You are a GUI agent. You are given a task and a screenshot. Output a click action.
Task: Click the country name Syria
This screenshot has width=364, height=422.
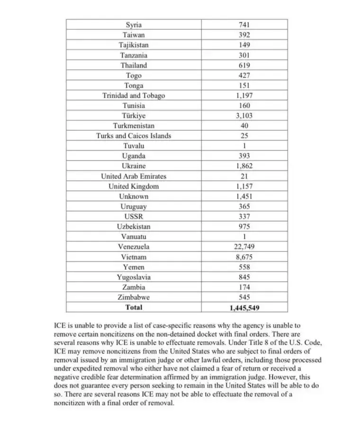click(134, 25)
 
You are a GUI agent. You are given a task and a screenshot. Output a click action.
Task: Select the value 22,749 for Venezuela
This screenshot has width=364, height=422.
click(245, 247)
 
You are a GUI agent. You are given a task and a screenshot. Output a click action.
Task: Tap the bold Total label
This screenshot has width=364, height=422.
click(134, 307)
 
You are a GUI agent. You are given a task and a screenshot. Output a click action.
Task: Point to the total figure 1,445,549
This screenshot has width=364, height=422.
click(245, 308)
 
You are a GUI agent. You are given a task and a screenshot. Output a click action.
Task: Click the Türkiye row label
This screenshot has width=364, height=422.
click(134, 116)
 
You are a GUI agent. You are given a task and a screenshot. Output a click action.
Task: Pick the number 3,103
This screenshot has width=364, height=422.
click(245, 116)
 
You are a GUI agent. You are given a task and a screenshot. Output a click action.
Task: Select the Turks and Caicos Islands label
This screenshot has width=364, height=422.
click(134, 136)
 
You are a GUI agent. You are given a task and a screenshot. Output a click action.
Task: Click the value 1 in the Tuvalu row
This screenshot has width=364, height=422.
click(245, 146)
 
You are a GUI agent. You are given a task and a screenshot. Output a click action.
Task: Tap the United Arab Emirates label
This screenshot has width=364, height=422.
click(134, 176)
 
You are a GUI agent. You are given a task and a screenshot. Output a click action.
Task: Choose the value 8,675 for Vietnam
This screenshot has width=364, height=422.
click(245, 257)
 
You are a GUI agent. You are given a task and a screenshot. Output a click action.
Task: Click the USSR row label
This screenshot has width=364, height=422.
click(134, 217)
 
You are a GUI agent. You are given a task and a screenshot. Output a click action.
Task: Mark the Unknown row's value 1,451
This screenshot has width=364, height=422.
click(245, 196)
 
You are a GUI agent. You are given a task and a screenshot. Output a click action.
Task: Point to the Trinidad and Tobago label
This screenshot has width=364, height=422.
click(134, 95)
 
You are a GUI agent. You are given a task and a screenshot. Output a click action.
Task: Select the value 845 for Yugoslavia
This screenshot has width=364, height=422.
click(245, 277)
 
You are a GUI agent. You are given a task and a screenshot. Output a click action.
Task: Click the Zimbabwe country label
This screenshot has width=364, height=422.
click(134, 297)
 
